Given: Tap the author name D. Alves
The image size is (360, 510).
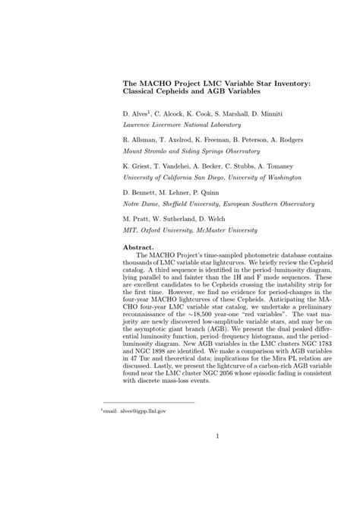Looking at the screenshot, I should (x=136, y=112).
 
